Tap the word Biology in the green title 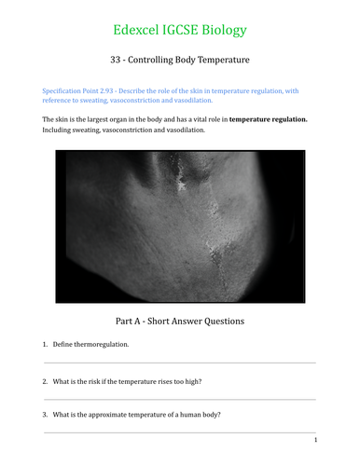point(222,30)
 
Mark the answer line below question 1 point(179,363)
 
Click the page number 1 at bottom point(315,440)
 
